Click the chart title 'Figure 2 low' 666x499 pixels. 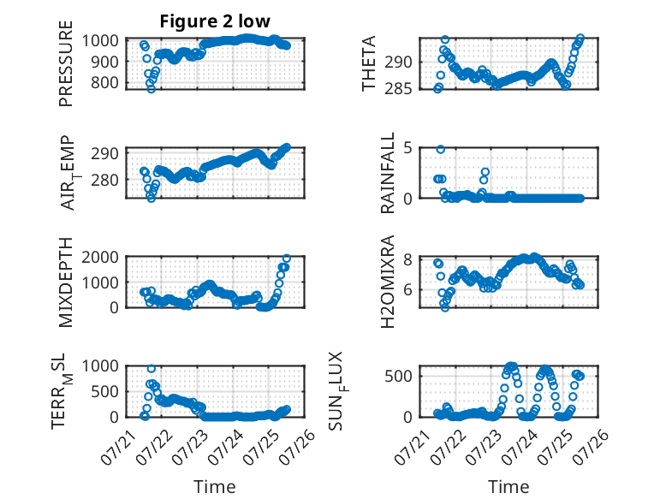(x=215, y=21)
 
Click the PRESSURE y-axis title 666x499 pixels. (x=66, y=63)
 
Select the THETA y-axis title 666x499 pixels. (x=369, y=63)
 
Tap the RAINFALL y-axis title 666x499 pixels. (x=388, y=173)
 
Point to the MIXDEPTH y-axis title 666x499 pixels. (x=66, y=282)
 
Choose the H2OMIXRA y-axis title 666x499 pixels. (x=388, y=282)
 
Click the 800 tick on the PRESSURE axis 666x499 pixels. (x=104, y=82)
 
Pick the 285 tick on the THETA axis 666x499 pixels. (x=399, y=89)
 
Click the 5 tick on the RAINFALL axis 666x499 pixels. (x=408, y=148)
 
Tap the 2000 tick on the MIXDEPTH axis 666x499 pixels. (x=100, y=258)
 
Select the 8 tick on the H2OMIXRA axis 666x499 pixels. (x=408, y=259)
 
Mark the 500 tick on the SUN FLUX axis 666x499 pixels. (x=399, y=377)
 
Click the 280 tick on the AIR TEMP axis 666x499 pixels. (x=104, y=180)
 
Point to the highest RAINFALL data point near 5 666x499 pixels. (x=441, y=150)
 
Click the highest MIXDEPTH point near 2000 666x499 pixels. (x=287, y=258)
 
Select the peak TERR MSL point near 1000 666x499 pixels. (x=152, y=369)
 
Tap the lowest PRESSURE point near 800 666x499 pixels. (x=152, y=89)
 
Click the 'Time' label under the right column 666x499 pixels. (x=508, y=487)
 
